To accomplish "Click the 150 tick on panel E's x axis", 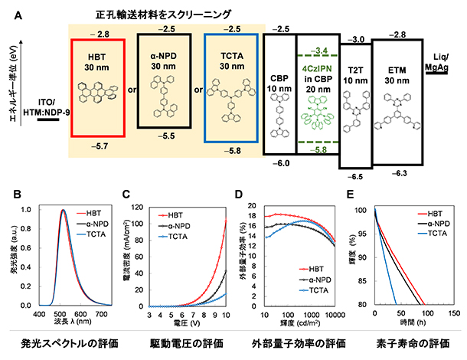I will (452, 314).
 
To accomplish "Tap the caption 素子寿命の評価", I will (413, 342).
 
